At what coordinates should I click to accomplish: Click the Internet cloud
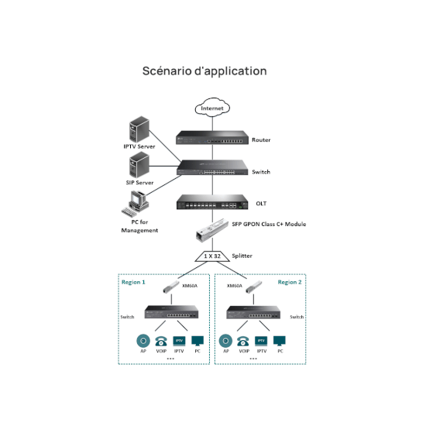[x=212, y=108]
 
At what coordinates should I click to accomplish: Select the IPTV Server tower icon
[x=139, y=129]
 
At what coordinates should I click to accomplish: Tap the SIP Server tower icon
[x=139, y=165]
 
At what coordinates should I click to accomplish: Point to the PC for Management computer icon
[x=135, y=204]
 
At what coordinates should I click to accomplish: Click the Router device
[x=212, y=137]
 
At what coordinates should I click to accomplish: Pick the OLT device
[x=212, y=202]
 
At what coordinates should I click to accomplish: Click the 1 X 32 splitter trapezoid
[x=212, y=256]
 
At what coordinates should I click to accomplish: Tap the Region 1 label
[x=133, y=282]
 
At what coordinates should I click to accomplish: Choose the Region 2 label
[x=290, y=282]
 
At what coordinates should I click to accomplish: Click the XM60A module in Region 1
[x=171, y=287]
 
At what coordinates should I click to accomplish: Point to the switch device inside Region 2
[x=253, y=312]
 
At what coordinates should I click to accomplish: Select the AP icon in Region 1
[x=143, y=341]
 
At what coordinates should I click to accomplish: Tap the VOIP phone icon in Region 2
[x=243, y=342]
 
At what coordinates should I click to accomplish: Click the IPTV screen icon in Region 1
[x=179, y=341]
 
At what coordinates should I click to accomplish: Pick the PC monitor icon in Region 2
[x=280, y=341]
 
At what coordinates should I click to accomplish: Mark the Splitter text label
[x=242, y=256]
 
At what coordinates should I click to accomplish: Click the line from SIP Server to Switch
[x=165, y=166]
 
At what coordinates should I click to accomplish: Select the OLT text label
[x=261, y=204]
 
